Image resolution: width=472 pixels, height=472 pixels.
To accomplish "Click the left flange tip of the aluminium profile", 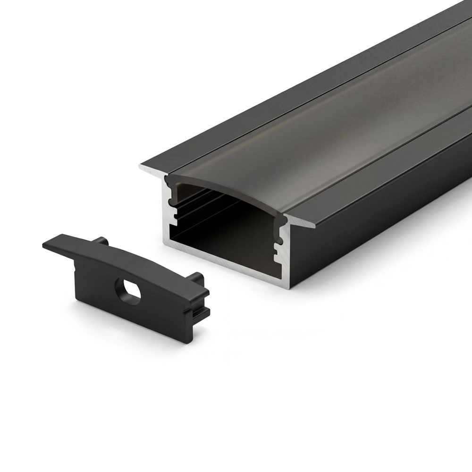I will [142, 166].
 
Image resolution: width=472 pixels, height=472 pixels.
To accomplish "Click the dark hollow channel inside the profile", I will [227, 227].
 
